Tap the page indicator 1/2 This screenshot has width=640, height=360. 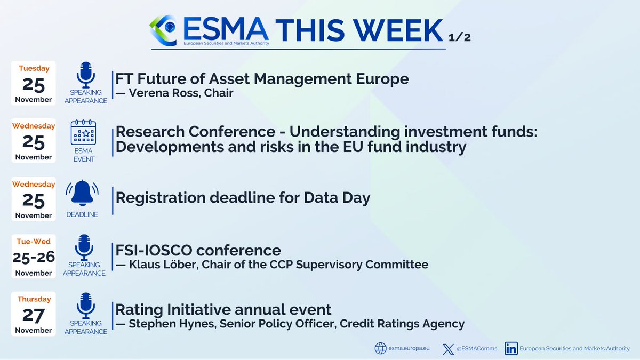[461, 38]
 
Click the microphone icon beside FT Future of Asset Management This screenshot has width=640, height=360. [85, 75]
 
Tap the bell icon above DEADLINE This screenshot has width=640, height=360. [82, 193]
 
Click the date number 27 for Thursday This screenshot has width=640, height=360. [34, 315]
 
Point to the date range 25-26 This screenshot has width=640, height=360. [34, 257]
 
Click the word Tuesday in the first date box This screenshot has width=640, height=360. [34, 68]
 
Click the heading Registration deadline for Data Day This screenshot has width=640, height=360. [243, 198]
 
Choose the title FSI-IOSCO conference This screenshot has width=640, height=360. [198, 250]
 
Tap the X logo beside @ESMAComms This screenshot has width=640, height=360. [448, 349]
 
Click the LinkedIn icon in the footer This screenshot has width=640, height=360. [511, 349]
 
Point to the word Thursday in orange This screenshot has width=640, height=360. [34, 299]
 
